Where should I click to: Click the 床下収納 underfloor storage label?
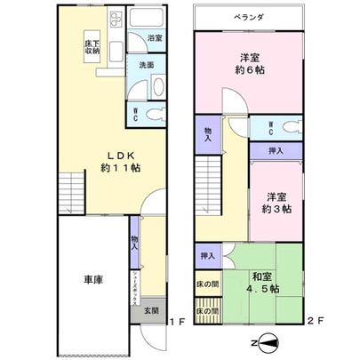tap(91, 44)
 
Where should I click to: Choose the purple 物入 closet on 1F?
tap(134, 242)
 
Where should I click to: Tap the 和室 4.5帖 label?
tap(263, 280)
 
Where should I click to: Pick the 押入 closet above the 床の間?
tap(206, 256)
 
